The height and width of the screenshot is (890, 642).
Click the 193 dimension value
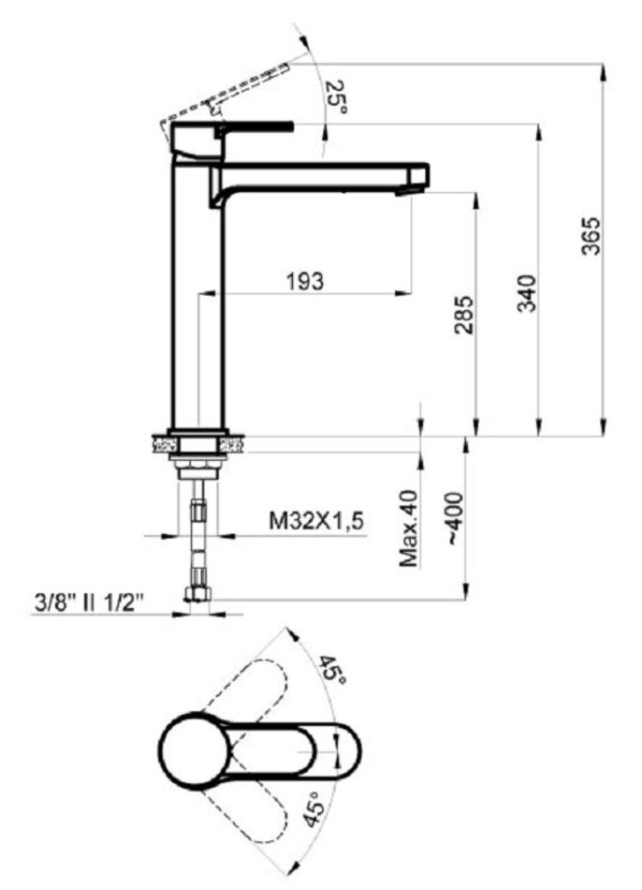pos(304,280)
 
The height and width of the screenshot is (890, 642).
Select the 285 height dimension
pos(464,315)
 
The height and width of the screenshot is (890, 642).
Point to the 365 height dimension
pos(591,235)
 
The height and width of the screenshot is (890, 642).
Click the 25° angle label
pos(336,96)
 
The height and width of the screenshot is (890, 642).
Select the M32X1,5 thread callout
pos(316,521)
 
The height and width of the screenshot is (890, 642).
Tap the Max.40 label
pos(409,527)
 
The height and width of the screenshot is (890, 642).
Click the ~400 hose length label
pos(456,519)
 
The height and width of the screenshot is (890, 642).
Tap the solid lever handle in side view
pos(255,127)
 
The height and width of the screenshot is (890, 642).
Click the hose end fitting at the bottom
pos(197,594)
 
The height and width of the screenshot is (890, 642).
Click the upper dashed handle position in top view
pos(253,699)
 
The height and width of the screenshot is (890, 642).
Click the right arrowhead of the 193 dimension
pos(403,293)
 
